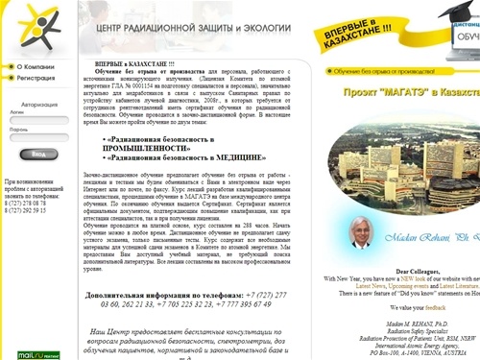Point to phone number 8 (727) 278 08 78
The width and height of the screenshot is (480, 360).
(x=27, y=204)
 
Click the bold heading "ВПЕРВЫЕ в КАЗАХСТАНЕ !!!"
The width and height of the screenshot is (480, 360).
(x=135, y=63)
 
